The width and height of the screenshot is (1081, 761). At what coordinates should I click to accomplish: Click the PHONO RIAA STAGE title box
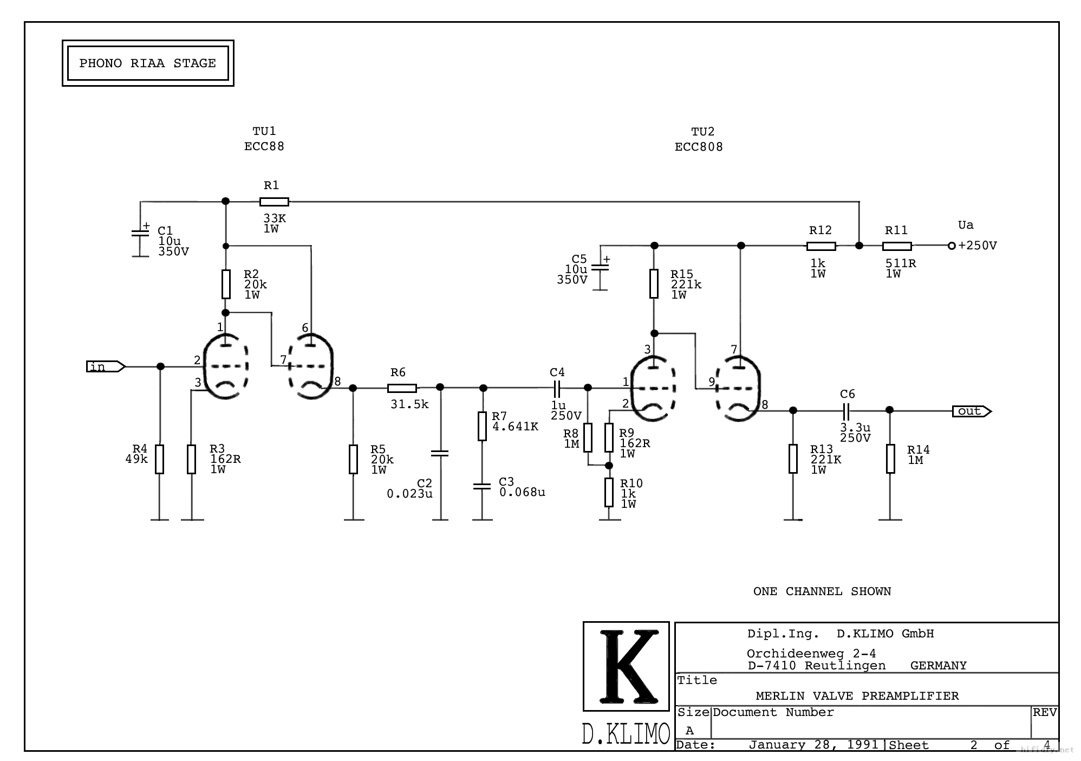(x=148, y=63)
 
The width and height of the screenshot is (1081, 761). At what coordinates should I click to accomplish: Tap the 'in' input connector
(x=106, y=367)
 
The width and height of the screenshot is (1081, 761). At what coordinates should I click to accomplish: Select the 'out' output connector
(x=972, y=411)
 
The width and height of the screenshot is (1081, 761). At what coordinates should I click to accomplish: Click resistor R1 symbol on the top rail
(x=274, y=202)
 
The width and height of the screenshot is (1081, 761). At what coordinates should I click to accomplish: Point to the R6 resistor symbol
(x=402, y=388)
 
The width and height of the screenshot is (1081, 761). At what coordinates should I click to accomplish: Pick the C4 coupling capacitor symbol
(x=556, y=388)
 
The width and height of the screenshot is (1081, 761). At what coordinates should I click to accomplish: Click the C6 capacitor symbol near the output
(x=847, y=410)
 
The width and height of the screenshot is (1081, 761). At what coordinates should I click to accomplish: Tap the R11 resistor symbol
(x=897, y=246)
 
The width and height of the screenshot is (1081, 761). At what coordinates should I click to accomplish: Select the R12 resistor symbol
(x=821, y=246)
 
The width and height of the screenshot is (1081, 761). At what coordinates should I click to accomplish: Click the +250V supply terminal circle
(x=952, y=246)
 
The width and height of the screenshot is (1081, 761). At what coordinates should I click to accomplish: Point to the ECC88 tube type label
(x=264, y=146)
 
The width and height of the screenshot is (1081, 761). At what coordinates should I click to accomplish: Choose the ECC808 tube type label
(x=699, y=147)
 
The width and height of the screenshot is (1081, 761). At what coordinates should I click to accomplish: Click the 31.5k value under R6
(x=409, y=404)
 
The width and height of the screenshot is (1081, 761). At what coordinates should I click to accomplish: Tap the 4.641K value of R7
(x=515, y=427)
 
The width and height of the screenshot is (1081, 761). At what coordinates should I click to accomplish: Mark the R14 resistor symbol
(x=890, y=459)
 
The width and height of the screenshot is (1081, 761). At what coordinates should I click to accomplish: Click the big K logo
(x=626, y=666)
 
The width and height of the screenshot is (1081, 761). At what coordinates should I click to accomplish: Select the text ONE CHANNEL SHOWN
(x=822, y=591)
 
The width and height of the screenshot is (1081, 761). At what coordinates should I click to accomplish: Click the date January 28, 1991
(x=813, y=745)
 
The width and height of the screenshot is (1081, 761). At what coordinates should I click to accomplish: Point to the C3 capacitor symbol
(x=482, y=486)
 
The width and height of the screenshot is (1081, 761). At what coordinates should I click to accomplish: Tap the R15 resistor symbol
(x=654, y=283)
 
